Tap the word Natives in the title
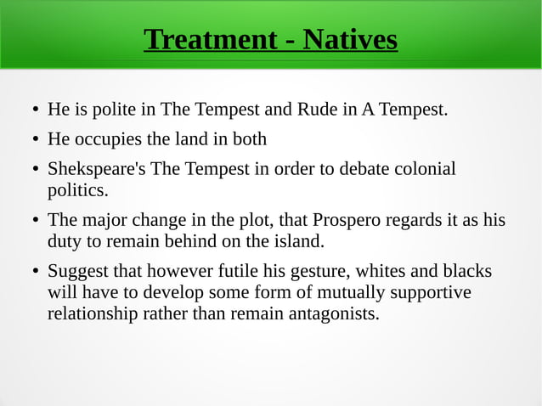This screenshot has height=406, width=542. click(350, 39)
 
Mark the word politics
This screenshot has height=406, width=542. click(77, 189)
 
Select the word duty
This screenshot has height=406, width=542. click(64, 241)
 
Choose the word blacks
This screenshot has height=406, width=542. click(467, 272)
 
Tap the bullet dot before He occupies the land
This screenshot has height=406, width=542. click(34, 140)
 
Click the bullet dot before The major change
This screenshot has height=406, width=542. click(34, 222)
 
